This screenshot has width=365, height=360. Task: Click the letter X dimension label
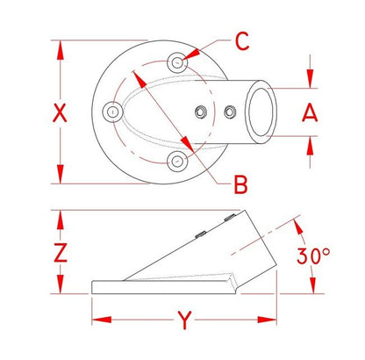point(60,113)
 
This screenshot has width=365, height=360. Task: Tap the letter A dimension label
point(310,113)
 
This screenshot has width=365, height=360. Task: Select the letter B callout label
point(240,184)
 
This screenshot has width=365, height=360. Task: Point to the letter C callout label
point(242,41)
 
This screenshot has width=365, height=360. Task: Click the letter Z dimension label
point(61,253)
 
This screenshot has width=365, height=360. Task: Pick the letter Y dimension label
point(184,320)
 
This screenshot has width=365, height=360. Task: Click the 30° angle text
point(313,256)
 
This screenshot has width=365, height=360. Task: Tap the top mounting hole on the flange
point(177,62)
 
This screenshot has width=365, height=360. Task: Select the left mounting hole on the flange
point(112,112)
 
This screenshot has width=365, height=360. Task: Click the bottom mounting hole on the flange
point(177,162)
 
